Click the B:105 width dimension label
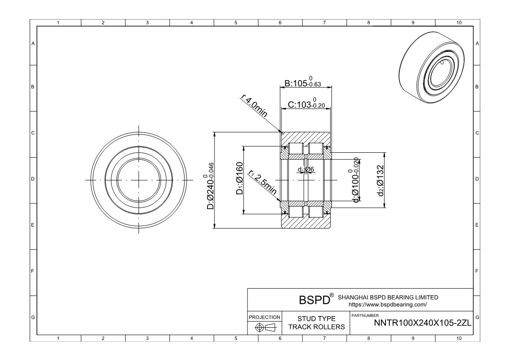pyautogui.click(x=303, y=83)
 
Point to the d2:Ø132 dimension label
pyautogui.click(x=380, y=180)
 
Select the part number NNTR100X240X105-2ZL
pyautogui.click(x=423, y=323)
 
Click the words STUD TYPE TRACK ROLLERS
pyautogui.click(x=316, y=323)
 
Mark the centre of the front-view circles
pyautogui.click(x=139, y=180)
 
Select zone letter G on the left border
pyautogui.click(x=33, y=317)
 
